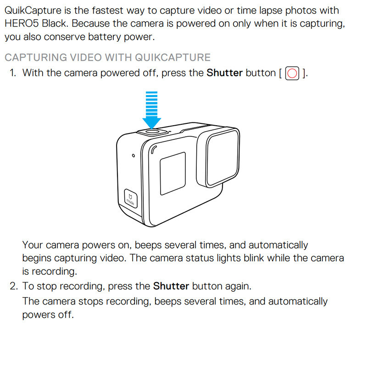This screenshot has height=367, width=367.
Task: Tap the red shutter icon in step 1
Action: point(292,73)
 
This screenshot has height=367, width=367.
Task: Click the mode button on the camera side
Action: point(131,197)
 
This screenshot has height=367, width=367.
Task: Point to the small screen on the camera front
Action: point(172,172)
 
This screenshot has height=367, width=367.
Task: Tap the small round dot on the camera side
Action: point(133,156)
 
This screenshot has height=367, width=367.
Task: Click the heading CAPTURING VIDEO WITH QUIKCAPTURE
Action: point(107,57)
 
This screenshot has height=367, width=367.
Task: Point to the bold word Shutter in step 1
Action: point(224,72)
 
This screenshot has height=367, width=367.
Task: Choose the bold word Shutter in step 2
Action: point(171,286)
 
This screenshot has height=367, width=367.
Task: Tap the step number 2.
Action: point(13,286)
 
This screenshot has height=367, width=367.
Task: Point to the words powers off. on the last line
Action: point(48,315)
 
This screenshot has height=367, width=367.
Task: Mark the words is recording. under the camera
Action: point(50,271)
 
